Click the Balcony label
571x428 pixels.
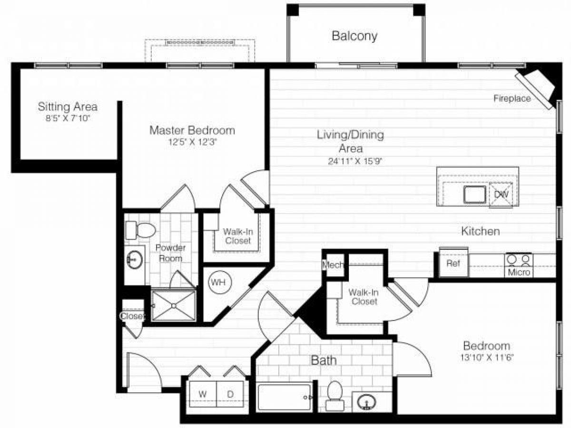coord(354,36)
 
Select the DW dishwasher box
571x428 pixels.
coord(501,195)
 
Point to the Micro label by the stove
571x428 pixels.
coord(519,272)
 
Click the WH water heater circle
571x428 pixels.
coord(218,282)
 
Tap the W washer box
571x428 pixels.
coord(202,394)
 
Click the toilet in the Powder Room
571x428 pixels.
coord(141,231)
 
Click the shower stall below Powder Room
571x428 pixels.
coord(173,305)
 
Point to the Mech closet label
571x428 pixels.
coord(334,265)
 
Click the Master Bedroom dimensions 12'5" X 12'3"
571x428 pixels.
coord(192,141)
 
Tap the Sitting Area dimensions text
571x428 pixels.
coord(68,117)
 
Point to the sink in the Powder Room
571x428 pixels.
coord(134,260)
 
